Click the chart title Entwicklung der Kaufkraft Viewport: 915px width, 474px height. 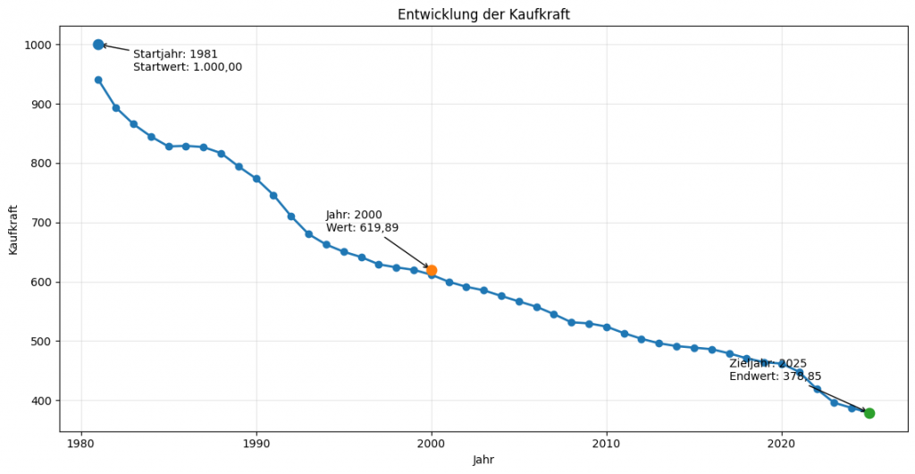(483, 14)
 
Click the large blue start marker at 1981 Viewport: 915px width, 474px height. (98, 45)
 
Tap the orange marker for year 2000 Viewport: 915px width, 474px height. (432, 270)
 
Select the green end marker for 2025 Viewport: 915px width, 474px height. (869, 413)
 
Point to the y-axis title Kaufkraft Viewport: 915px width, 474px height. (13, 229)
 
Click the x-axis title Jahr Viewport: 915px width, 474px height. (483, 460)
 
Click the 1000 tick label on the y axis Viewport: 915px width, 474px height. (38, 45)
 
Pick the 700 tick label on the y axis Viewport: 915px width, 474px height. (41, 223)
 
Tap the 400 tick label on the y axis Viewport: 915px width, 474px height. (41, 401)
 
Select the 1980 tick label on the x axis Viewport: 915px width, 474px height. (81, 444)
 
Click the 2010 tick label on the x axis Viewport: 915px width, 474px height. (607, 444)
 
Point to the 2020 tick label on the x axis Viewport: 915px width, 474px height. (782, 444)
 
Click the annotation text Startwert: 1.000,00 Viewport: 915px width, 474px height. (188, 67)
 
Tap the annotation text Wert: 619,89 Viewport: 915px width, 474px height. (362, 228)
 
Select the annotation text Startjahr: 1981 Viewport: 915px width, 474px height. (175, 55)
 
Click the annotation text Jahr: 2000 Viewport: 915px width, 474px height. (354, 215)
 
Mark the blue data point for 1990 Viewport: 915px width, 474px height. (256, 179)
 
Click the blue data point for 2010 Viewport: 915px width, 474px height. (607, 327)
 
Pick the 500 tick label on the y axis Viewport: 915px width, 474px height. (41, 342)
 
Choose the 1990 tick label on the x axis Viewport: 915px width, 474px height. (256, 444)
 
